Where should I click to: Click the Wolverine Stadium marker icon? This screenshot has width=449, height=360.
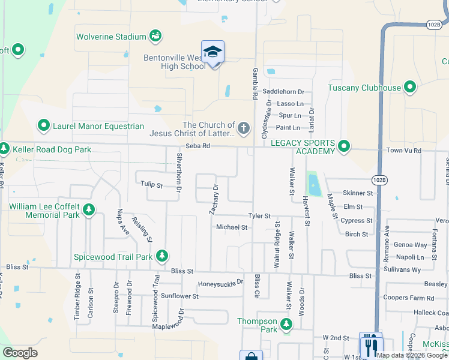coord(155,37)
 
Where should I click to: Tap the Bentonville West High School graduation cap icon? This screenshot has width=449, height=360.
coord(212,52)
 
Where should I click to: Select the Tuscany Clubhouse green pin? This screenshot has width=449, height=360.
coord(411,88)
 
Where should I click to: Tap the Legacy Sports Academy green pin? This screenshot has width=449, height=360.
coord(344,146)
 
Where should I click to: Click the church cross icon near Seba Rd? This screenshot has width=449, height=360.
coord(243,127)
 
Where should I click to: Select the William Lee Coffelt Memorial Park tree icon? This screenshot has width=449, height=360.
coord(89,210)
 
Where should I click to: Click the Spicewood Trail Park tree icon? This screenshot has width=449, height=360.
coord(161,256)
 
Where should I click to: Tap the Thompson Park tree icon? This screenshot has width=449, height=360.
coord(286,325)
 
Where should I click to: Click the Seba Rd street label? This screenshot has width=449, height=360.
coord(197,146)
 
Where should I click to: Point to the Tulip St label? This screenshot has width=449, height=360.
coord(151,185)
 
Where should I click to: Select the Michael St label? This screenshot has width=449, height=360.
coord(232,227)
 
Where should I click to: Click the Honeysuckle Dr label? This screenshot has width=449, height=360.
coord(221,282)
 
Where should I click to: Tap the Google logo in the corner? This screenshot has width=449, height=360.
coord(20,353)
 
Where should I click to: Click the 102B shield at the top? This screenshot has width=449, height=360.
coord(434,23)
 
